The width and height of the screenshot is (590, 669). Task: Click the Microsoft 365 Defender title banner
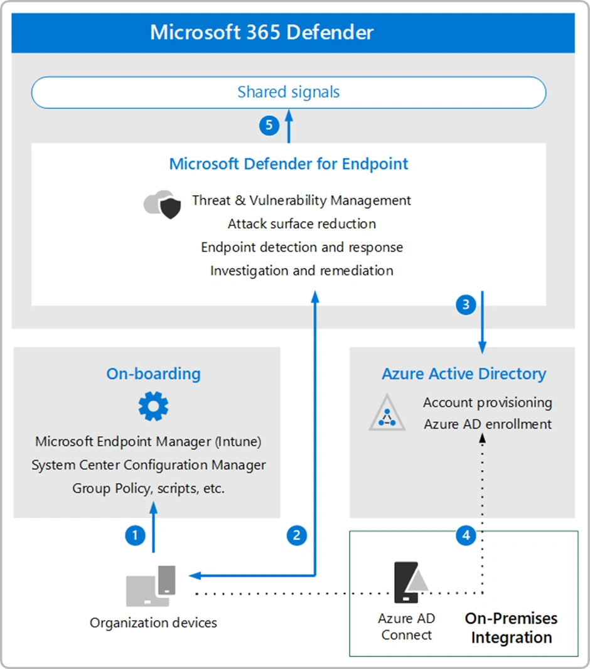point(292,33)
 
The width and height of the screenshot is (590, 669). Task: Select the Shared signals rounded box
point(289,93)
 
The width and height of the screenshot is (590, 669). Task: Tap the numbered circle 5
point(269,125)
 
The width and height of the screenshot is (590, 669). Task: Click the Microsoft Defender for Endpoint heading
point(289,164)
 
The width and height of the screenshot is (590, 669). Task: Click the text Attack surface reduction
point(302,224)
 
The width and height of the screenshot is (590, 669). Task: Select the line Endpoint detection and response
point(302,247)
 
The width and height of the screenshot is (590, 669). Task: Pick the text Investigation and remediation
point(302,270)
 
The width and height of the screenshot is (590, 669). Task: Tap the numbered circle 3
point(465,305)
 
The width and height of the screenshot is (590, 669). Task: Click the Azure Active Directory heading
point(464,374)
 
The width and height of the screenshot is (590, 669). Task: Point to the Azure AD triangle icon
point(387,414)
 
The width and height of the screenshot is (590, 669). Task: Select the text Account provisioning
point(488,402)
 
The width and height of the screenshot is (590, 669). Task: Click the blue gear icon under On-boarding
point(153,406)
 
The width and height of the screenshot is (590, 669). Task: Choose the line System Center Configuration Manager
point(149,465)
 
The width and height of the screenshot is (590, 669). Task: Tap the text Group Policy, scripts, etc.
point(149,488)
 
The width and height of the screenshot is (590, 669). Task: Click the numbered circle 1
point(135,535)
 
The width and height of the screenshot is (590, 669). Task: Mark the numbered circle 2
point(296,535)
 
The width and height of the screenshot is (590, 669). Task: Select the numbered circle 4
point(465,535)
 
